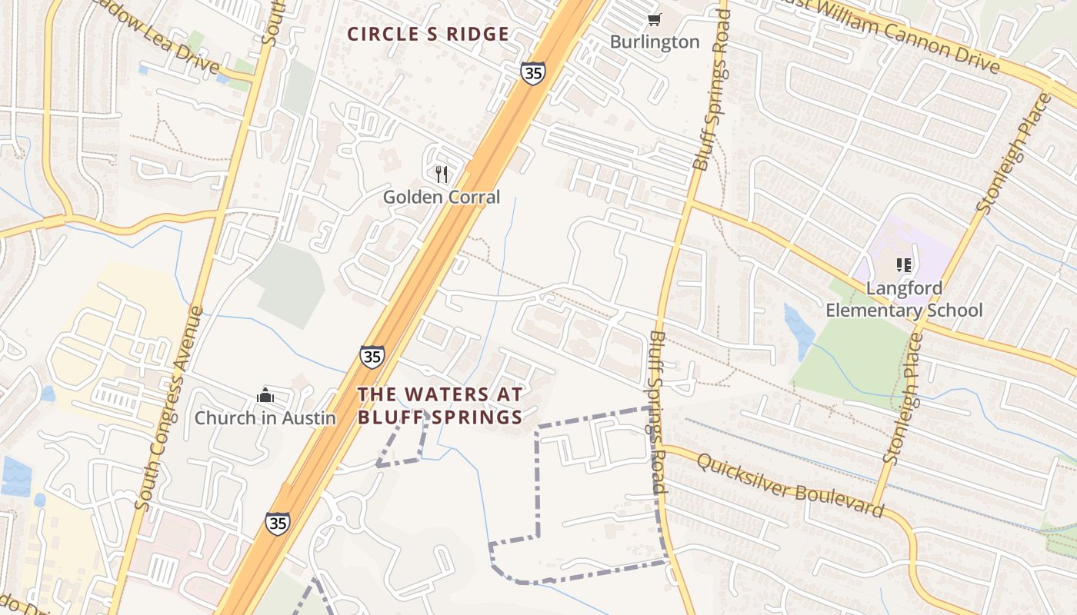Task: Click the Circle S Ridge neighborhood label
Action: coord(428,35)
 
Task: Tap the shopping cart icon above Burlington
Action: coord(654,19)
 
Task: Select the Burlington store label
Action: coord(655,42)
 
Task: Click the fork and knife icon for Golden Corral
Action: coord(442,175)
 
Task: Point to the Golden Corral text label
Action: coord(442,198)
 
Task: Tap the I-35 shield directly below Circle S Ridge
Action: coord(532,73)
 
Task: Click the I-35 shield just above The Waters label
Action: coord(372,357)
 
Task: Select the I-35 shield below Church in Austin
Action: coord(278,524)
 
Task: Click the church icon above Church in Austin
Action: coord(265,396)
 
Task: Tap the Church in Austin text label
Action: coord(265,418)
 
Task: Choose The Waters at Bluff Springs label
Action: coord(440,406)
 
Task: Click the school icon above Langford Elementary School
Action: coord(904,266)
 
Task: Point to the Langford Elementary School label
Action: coord(904,300)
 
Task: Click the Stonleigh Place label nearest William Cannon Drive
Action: coord(1013,154)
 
